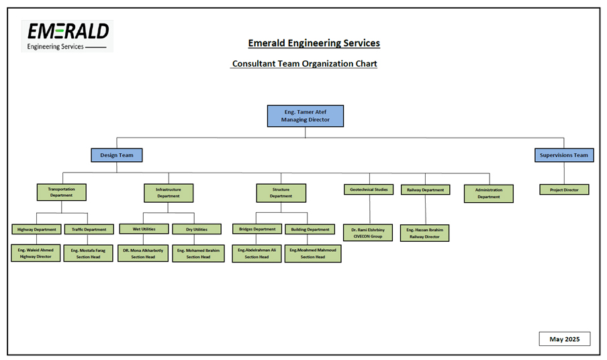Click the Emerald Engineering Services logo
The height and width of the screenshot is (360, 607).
tap(67, 36)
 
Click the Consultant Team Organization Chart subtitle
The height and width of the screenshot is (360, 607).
tap(304, 64)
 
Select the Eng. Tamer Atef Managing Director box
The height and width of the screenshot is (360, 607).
tap(306, 116)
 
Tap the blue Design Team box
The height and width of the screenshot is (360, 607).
tap(117, 155)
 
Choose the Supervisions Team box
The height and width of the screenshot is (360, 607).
tap(564, 155)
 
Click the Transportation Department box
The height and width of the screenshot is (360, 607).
tap(61, 192)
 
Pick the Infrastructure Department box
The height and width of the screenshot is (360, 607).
tap(169, 193)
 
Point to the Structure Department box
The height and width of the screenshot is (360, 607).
tap(281, 193)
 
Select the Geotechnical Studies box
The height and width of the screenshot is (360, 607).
tap(369, 189)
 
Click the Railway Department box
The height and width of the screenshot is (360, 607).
tap(425, 189)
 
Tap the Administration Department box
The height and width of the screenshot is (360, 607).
tap(488, 193)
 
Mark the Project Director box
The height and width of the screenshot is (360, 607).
tap(564, 189)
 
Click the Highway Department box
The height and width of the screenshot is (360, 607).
tap(36, 229)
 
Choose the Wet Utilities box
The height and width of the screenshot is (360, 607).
tap(144, 229)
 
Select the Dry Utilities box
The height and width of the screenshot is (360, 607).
tap(197, 229)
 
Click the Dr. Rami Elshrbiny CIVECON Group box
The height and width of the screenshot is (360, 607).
tap(367, 233)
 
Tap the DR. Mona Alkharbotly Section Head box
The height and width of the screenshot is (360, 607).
tap(143, 253)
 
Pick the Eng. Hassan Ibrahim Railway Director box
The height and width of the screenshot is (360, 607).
tap(424, 233)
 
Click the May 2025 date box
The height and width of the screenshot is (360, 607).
tap(564, 339)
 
